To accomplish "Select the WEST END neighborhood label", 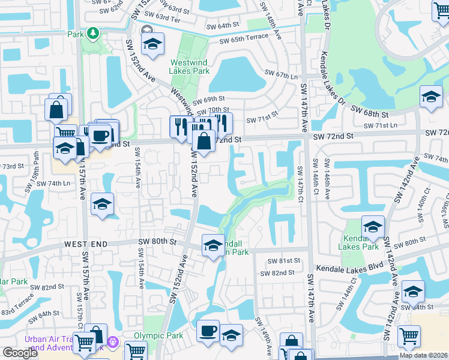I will coord(86,244).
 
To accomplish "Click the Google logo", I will coord(20,353).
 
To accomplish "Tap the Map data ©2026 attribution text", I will coord(424,355).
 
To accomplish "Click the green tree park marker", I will coord(92,32).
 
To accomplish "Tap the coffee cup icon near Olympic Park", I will coord(208,330).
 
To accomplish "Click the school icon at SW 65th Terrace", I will coord(152,43).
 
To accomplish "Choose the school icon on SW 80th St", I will coord(212,245).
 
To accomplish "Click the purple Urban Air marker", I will coord(114,347).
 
